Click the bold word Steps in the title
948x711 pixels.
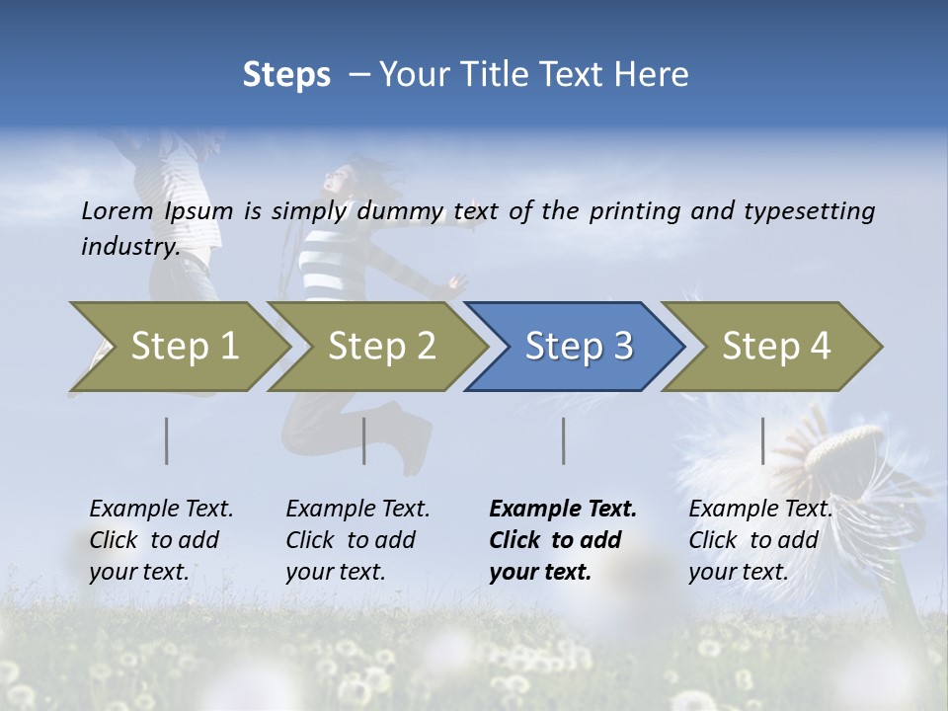tap(286, 75)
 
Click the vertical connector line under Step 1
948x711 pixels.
tap(167, 440)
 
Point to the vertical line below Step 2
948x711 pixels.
tap(364, 440)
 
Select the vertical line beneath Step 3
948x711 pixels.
tap(564, 440)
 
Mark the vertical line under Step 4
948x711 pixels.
tap(763, 440)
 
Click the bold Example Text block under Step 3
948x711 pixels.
tap(563, 540)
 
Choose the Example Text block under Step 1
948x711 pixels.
tap(161, 540)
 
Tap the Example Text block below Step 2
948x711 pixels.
tap(357, 540)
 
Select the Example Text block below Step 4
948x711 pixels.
tap(760, 540)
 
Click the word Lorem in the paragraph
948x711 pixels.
tap(118, 211)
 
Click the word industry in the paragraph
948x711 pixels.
tap(129, 247)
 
